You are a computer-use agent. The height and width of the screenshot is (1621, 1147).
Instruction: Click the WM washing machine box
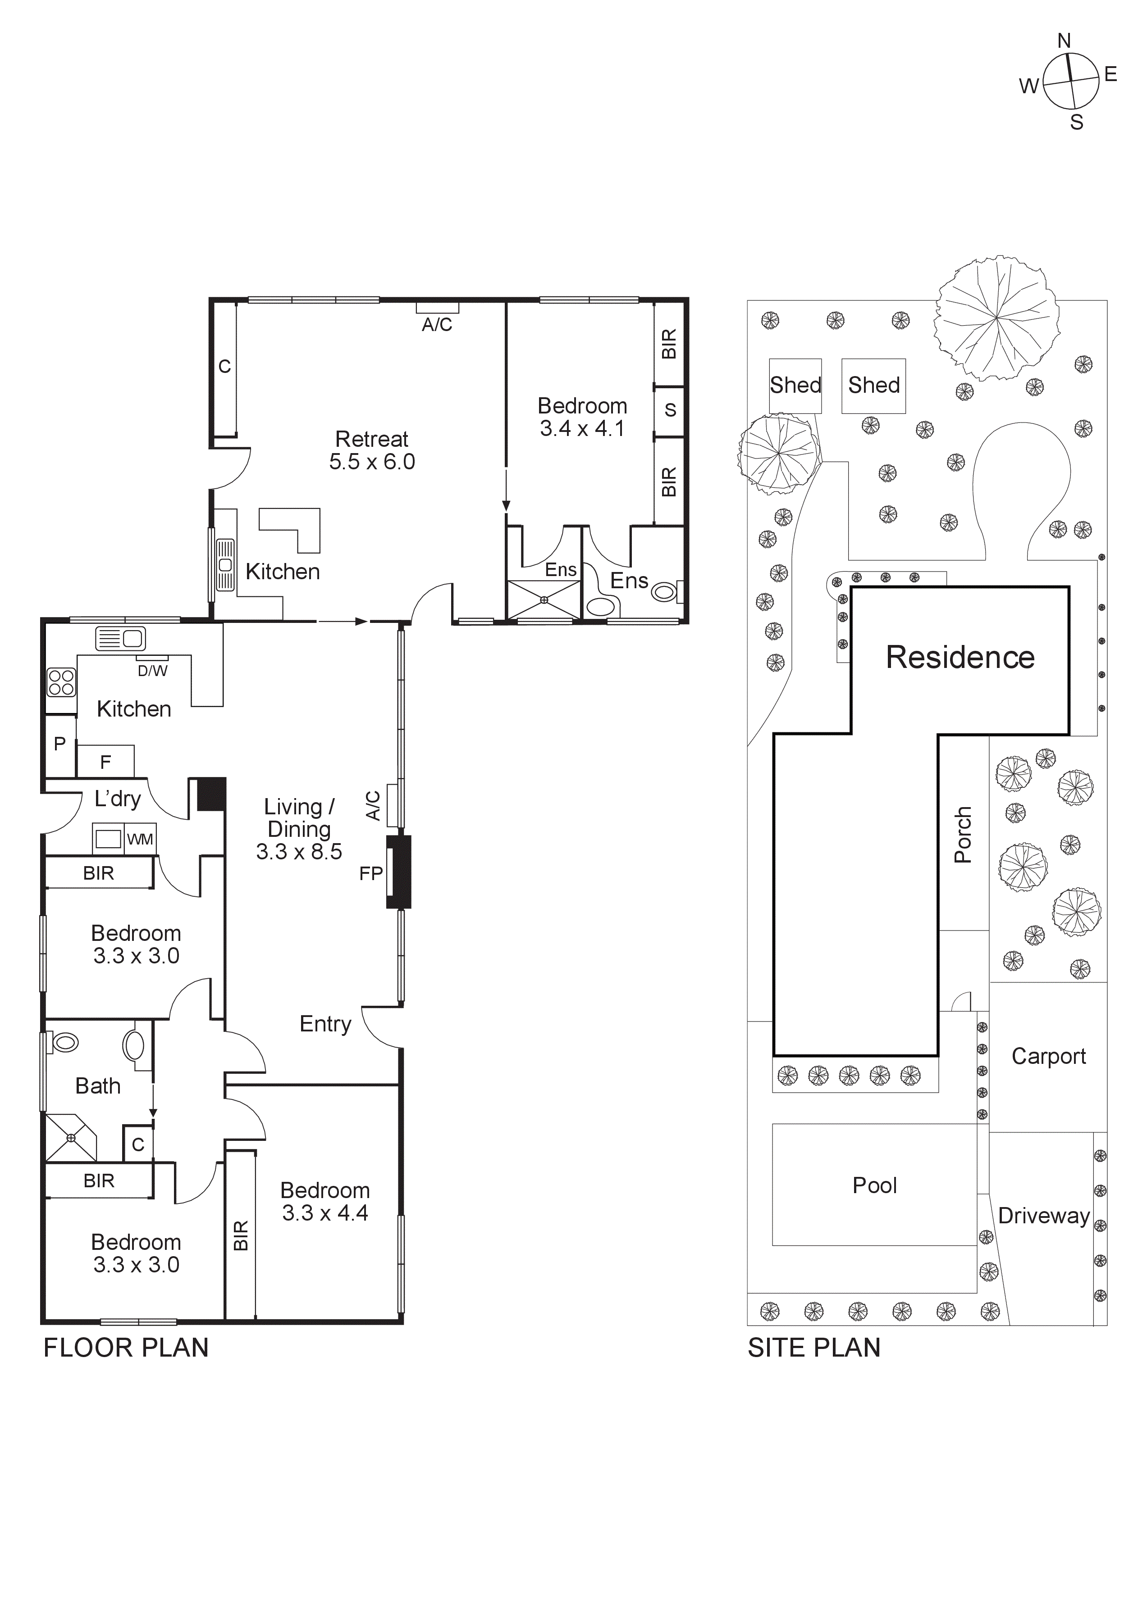tap(140, 840)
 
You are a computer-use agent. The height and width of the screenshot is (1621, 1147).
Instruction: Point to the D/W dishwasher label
tap(152, 671)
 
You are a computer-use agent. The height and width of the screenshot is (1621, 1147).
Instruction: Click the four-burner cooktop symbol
tap(61, 682)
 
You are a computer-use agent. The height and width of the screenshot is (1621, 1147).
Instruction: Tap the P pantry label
tap(60, 744)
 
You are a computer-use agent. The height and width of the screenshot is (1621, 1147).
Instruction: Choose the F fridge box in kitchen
tap(105, 762)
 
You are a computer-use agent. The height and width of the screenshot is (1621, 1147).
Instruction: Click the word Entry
tap(325, 1024)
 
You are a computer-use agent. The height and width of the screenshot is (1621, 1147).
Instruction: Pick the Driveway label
tap(1043, 1216)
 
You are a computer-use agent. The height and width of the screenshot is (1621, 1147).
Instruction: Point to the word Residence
tap(960, 657)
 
